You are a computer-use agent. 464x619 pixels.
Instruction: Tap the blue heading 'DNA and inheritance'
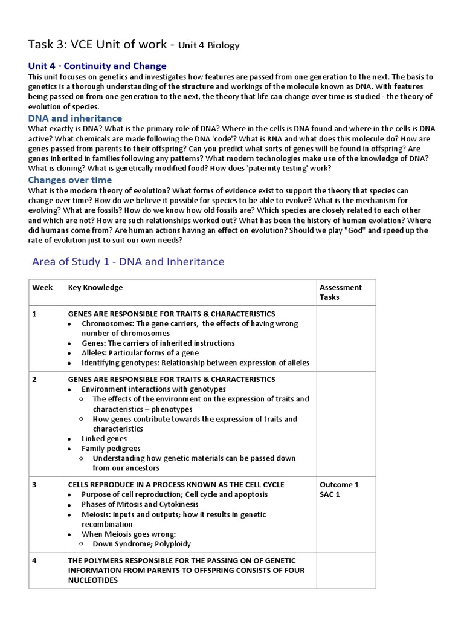(x=76, y=118)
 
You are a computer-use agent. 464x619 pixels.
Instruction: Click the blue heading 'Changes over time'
(x=70, y=180)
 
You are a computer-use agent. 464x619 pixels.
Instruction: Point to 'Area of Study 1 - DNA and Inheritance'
(x=127, y=262)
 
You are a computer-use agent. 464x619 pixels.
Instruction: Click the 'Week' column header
(x=42, y=288)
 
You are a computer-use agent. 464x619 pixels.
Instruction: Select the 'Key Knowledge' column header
(x=95, y=288)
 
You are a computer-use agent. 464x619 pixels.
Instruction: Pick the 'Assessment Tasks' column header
(x=340, y=292)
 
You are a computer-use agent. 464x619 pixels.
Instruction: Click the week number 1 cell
(x=34, y=314)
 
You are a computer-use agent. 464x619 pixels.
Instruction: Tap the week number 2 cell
(x=34, y=380)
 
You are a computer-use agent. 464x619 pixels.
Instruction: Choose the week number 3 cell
(x=34, y=485)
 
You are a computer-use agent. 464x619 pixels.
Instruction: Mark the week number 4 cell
(x=34, y=561)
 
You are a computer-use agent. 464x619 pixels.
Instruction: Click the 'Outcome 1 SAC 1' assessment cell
(x=339, y=490)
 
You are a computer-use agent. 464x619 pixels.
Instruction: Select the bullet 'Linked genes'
(x=105, y=439)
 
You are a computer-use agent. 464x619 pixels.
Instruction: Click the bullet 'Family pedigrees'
(x=111, y=449)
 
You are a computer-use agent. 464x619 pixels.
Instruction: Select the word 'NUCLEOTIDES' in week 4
(x=92, y=580)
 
